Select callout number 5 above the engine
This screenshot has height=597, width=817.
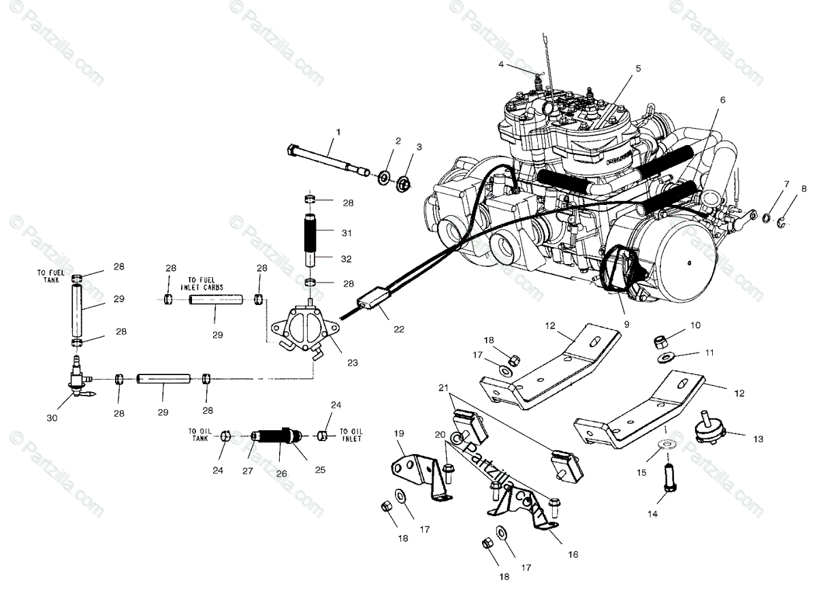[638, 68]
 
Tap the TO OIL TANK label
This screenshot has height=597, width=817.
[201, 434]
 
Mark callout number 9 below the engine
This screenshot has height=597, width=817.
[626, 325]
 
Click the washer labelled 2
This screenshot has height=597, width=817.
[385, 178]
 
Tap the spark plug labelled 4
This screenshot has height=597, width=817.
[541, 82]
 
